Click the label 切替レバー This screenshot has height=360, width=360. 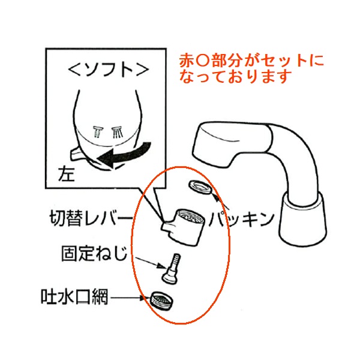(x=91, y=218)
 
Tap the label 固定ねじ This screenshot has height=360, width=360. (x=94, y=253)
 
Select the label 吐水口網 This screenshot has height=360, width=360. (x=74, y=296)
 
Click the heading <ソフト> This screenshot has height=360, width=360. (x=109, y=70)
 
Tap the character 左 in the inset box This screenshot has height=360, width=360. (x=67, y=174)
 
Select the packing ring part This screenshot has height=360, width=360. (x=200, y=187)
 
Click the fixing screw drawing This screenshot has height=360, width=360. (x=172, y=269)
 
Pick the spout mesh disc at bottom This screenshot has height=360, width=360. (x=161, y=301)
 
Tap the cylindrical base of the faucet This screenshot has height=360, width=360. (x=302, y=219)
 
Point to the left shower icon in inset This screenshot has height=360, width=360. (x=98, y=132)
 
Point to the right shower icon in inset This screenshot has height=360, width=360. (x=117, y=132)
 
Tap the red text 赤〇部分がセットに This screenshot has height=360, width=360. (x=251, y=60)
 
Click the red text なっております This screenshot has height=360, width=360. (x=236, y=76)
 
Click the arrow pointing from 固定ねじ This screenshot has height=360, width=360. (x=151, y=263)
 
